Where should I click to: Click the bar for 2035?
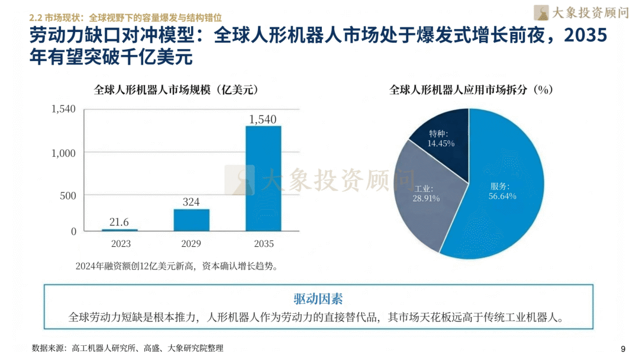[263, 178]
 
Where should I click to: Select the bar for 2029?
[191, 220]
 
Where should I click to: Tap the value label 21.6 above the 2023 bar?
[119, 221]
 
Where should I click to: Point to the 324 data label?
[191, 202]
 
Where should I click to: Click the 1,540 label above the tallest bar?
[263, 119]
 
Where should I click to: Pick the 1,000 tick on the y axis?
[63, 153]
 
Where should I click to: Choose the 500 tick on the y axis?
[68, 195]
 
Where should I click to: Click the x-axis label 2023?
[120, 244]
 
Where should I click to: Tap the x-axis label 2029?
[191, 244]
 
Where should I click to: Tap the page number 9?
[622, 348]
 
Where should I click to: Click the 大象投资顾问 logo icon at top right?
[541, 12]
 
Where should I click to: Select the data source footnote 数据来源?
[128, 348]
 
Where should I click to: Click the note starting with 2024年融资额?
[176, 266]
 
